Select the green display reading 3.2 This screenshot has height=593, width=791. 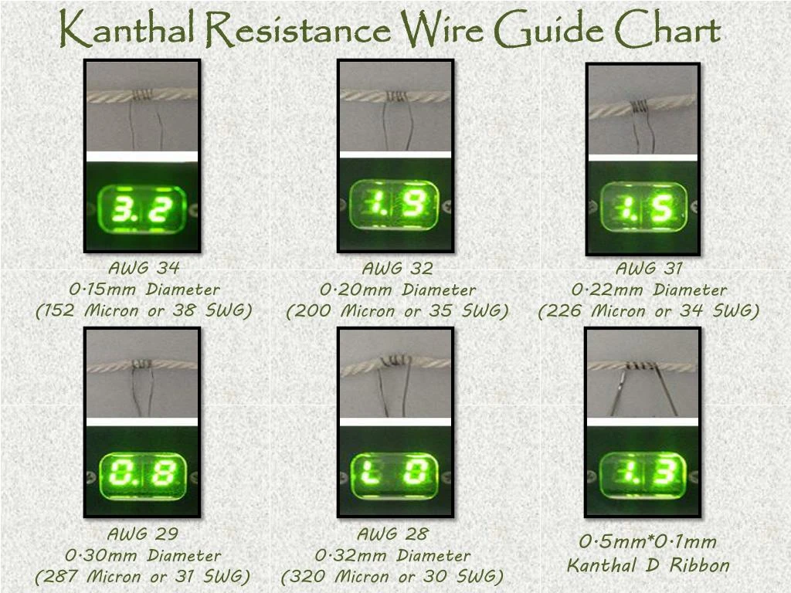pos(143,209)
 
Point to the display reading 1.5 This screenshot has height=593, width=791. pos(644,207)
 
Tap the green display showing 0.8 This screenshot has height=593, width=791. pos(143,475)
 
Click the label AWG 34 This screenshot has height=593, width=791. pos(143,269)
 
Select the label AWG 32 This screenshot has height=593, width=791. pos(397,269)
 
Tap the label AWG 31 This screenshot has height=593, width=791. pos(649,269)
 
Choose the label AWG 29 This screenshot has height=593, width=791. pos(143,534)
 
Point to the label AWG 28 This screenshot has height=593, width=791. pos(392,534)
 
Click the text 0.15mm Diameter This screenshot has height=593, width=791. pos(144,290)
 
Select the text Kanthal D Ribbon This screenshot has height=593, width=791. pos(648,565)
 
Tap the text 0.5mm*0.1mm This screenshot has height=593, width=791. pos(648,542)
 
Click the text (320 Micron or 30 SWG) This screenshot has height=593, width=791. pos(392,577)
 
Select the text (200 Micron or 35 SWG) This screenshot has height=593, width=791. pos(397,311)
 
